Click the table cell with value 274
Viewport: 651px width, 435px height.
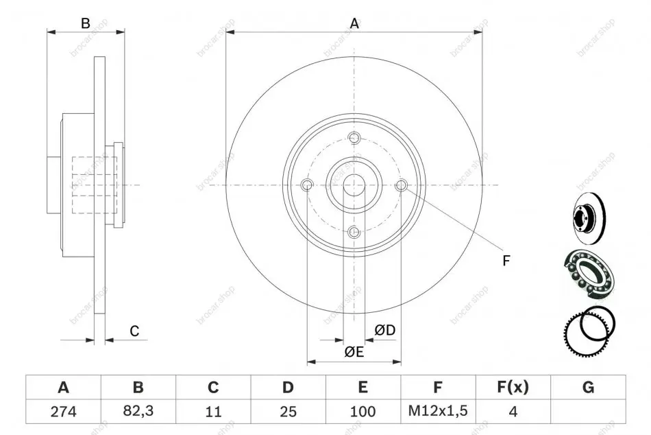pyautogui.click(x=64, y=411)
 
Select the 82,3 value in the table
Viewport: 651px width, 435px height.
pyautogui.click(x=138, y=411)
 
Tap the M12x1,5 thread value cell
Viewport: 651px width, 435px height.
pyautogui.click(x=438, y=411)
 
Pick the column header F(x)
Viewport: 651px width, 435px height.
pyautogui.click(x=513, y=387)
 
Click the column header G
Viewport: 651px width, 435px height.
pyautogui.click(x=589, y=387)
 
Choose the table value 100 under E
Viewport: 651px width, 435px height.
pyautogui.click(x=363, y=411)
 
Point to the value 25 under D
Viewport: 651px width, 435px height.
pyautogui.click(x=288, y=411)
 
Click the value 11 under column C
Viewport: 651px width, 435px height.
pyautogui.click(x=213, y=411)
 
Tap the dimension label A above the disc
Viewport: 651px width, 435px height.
pyautogui.click(x=354, y=24)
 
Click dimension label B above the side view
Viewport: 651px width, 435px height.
pyautogui.click(x=86, y=24)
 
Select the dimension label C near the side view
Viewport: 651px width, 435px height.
pyautogui.click(x=134, y=331)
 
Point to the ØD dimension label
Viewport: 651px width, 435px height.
pyautogui.click(x=385, y=330)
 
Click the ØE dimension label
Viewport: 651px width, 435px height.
pyautogui.click(x=354, y=352)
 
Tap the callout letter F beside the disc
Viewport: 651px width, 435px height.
pyautogui.click(x=506, y=261)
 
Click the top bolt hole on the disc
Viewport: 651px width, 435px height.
pyautogui.click(x=354, y=138)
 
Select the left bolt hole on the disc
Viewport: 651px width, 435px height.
pyautogui.click(x=307, y=185)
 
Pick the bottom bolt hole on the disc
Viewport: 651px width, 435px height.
pyautogui.click(x=354, y=232)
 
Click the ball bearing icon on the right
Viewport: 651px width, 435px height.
pyautogui.click(x=589, y=274)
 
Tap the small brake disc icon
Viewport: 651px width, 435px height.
pyautogui.click(x=589, y=218)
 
